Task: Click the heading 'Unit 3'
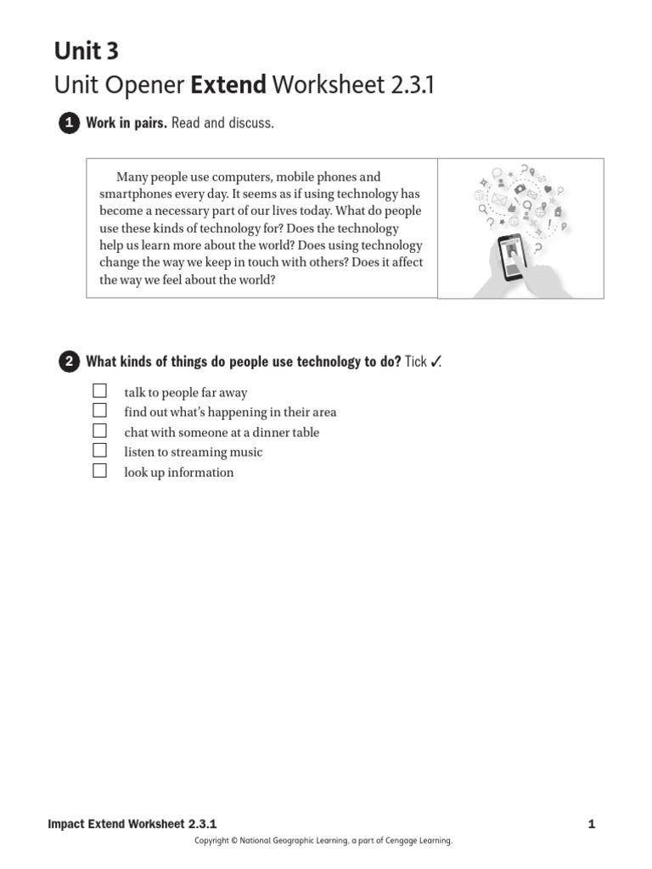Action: click(87, 52)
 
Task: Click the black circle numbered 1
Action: click(68, 124)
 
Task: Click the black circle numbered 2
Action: click(68, 362)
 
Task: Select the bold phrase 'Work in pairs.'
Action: click(126, 124)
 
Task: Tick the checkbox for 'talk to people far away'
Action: click(100, 391)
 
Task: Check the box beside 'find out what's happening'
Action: click(100, 411)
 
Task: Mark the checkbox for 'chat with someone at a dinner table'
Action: click(100, 431)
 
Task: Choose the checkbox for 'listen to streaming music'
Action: click(100, 451)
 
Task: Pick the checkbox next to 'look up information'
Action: click(100, 471)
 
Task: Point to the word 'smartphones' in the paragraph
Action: click(133, 194)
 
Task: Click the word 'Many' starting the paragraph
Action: click(132, 177)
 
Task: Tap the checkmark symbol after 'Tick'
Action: click(435, 362)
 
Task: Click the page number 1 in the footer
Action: click(591, 823)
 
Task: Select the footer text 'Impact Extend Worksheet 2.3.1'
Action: click(133, 823)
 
